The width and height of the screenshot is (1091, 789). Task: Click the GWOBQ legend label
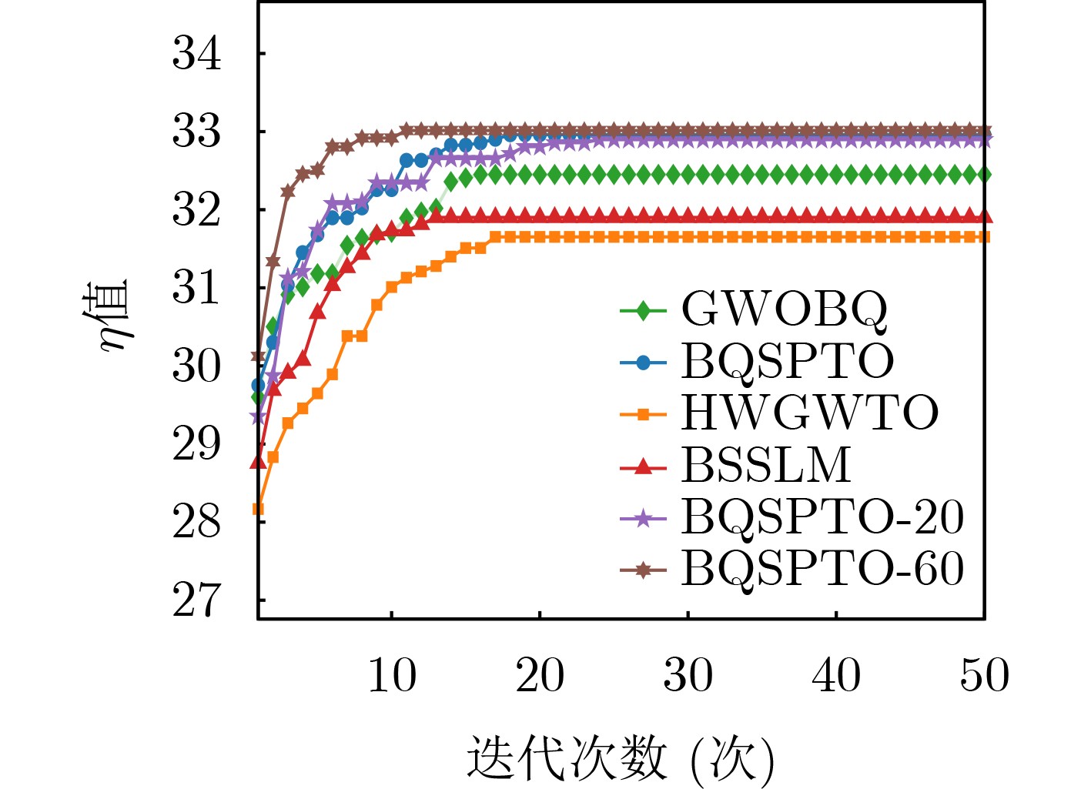click(784, 309)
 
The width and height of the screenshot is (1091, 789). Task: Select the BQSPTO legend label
click(787, 361)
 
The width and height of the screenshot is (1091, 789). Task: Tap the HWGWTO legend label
click(809, 413)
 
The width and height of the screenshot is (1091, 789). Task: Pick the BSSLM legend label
click(765, 465)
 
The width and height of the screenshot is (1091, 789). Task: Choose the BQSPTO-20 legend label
click(822, 517)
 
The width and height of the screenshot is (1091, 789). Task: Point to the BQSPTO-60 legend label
click(822, 569)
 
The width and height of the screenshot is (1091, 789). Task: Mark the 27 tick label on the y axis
click(197, 600)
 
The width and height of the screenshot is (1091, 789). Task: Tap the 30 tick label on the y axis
click(197, 366)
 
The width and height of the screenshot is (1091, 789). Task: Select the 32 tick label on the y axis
click(197, 210)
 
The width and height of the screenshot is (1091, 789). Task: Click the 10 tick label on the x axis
click(392, 676)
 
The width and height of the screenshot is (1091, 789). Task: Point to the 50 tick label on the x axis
click(984, 676)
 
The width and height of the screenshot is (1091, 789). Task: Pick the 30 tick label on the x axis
click(688, 676)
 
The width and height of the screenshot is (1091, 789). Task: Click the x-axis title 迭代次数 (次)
click(621, 759)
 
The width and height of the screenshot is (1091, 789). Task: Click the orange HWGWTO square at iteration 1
click(259, 509)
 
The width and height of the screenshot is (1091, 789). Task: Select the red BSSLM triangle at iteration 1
click(258, 461)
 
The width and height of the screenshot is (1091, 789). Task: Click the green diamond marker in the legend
click(643, 310)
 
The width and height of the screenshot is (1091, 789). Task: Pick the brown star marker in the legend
click(643, 570)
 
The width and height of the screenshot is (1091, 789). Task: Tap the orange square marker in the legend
click(643, 414)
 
